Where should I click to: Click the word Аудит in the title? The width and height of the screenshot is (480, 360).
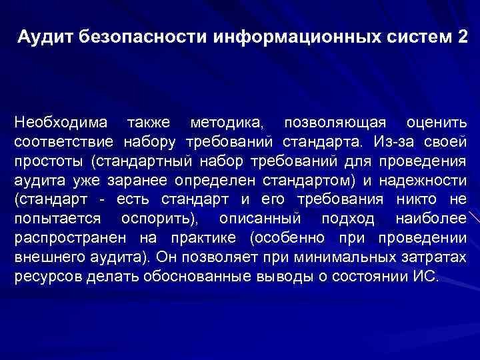coord(44,37)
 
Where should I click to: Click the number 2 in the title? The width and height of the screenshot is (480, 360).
coord(463,37)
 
